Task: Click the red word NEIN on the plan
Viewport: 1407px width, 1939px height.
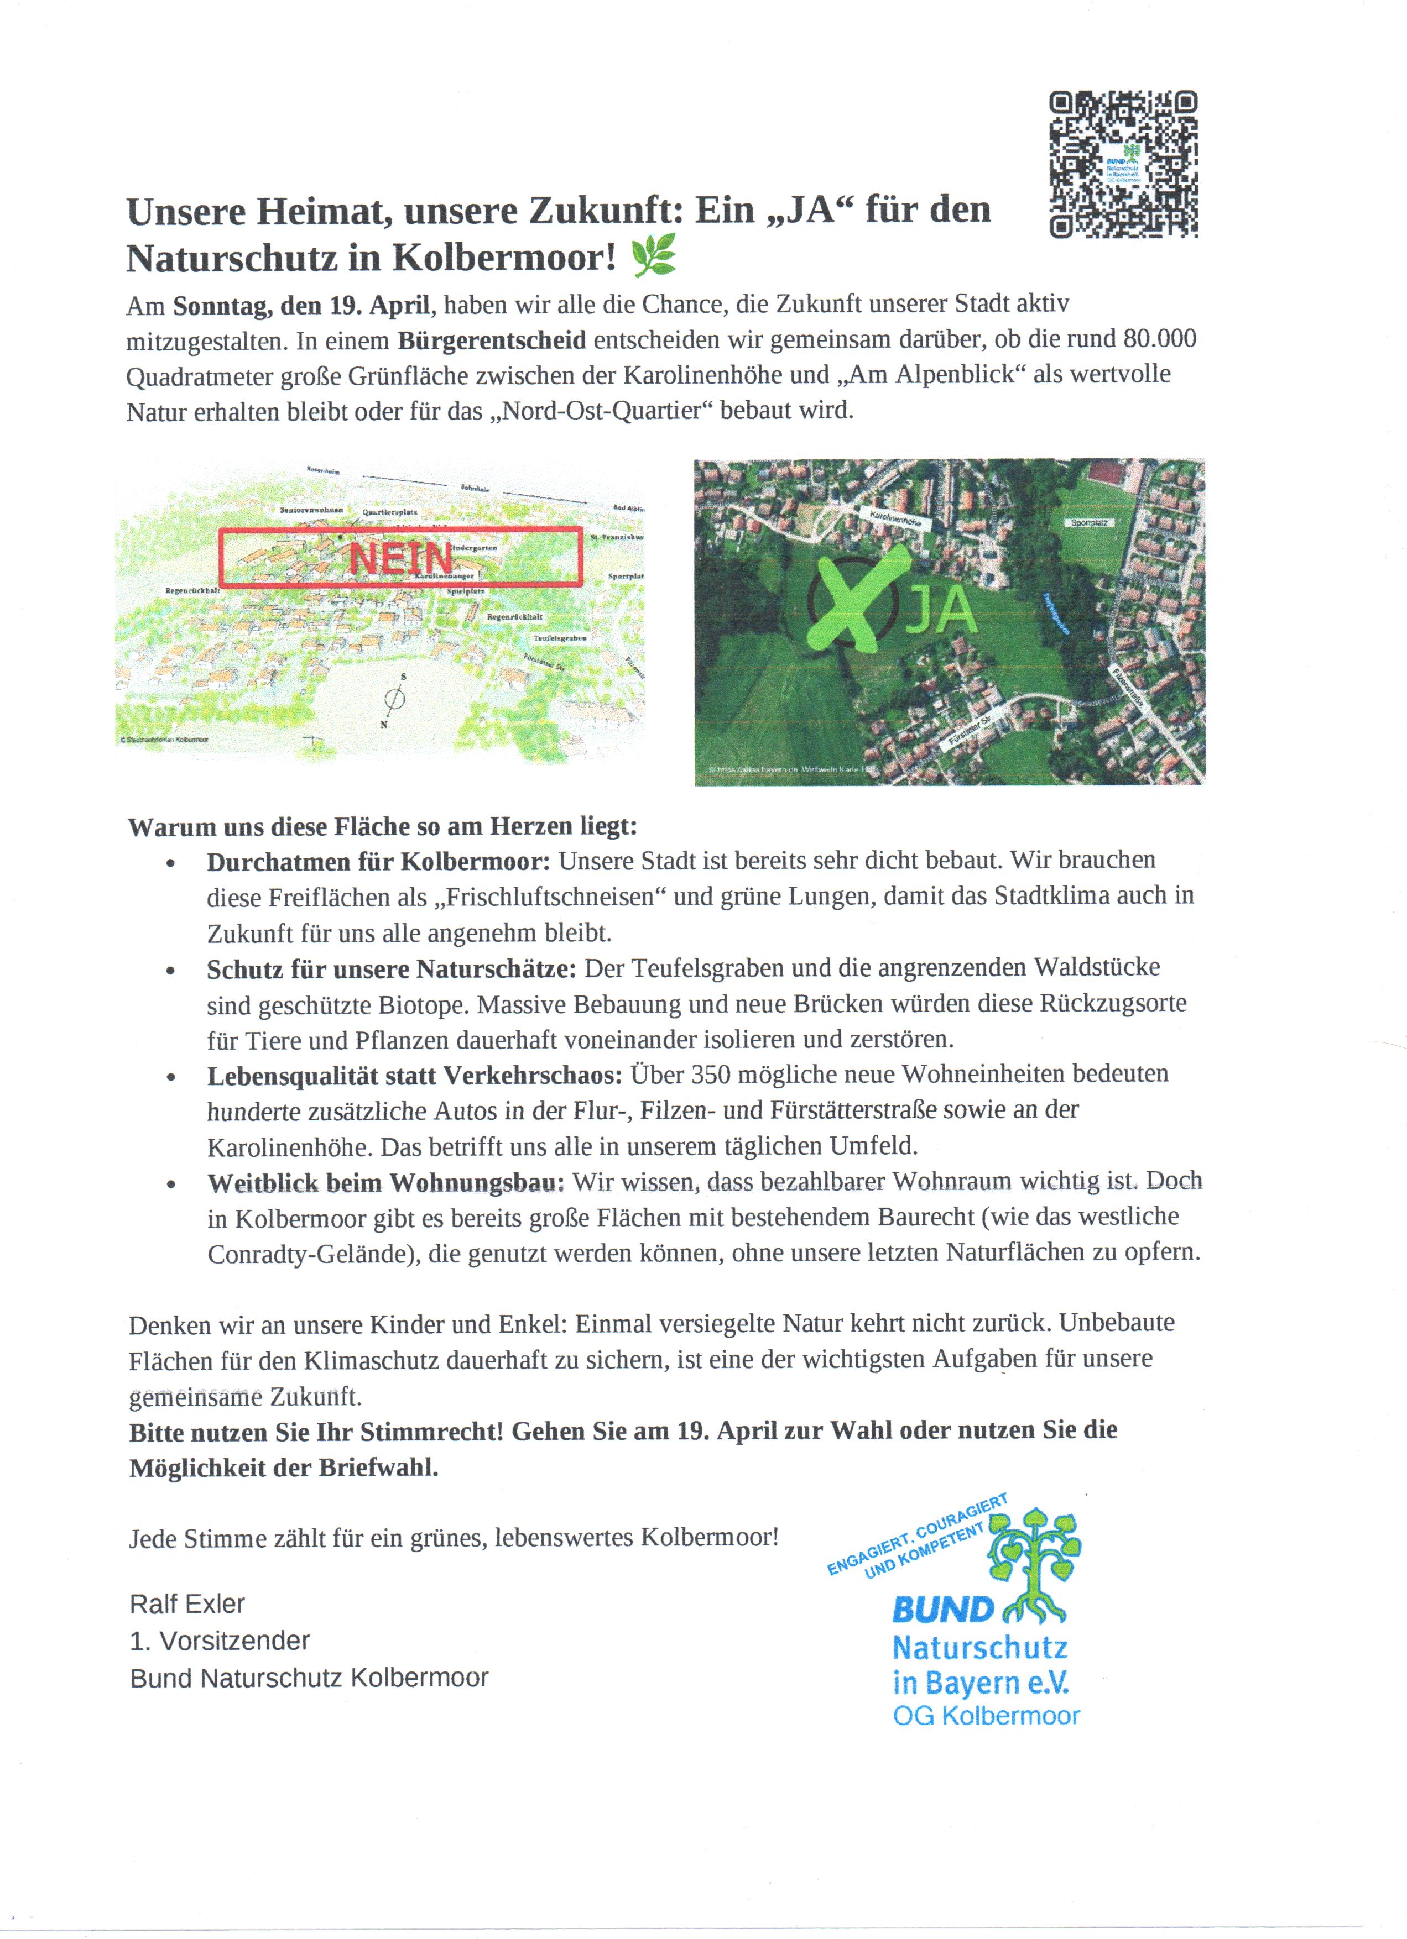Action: pyautogui.click(x=400, y=558)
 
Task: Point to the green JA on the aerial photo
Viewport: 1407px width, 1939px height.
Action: pyautogui.click(x=941, y=609)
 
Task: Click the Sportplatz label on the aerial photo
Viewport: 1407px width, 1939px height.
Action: pyautogui.click(x=1089, y=522)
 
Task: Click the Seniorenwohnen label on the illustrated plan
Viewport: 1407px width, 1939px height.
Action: pyautogui.click(x=311, y=510)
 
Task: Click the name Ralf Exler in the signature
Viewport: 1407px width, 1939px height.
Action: pyautogui.click(x=187, y=1604)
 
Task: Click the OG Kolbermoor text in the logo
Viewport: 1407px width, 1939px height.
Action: pyautogui.click(x=986, y=1715)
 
